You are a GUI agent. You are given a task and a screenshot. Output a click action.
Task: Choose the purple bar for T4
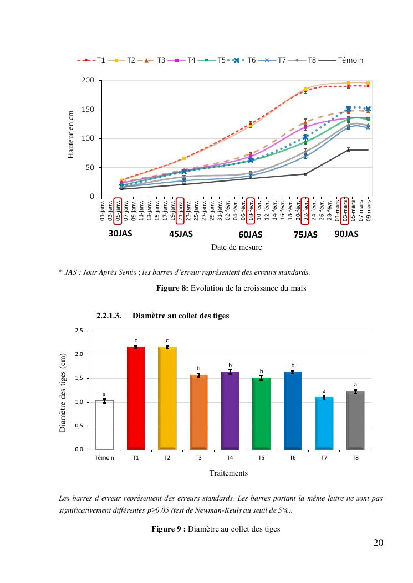[230, 410]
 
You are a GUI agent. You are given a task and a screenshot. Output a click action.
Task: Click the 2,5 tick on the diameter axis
[78, 331]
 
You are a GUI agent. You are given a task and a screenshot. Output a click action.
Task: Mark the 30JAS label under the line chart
[120, 234]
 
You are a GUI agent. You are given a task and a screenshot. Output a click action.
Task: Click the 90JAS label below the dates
[346, 234]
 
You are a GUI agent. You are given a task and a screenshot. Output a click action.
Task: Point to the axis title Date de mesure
[236, 247]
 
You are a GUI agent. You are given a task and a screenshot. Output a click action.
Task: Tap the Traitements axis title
[228, 473]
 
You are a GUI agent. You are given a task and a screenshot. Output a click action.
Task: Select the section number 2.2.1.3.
[109, 316]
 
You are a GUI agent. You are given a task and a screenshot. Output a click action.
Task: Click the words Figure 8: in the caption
[174, 288]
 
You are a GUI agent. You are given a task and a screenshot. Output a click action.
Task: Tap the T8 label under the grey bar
[355, 457]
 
